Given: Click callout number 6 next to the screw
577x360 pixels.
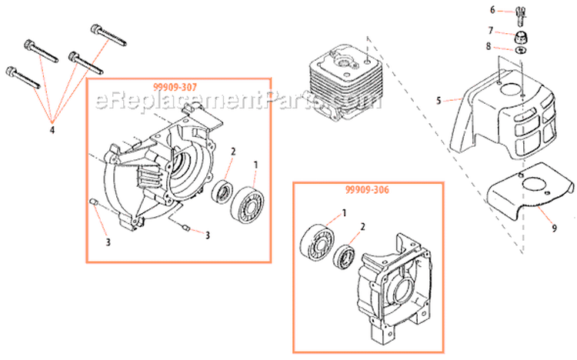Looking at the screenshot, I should [493, 10].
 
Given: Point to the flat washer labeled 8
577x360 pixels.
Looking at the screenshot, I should [522, 51].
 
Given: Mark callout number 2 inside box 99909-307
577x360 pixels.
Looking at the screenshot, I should [233, 153].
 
